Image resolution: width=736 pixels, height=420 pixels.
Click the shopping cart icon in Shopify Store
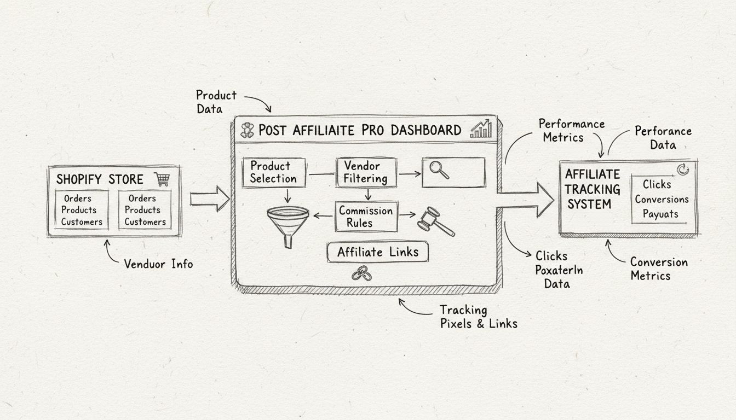162,179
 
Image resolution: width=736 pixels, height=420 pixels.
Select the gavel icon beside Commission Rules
436,221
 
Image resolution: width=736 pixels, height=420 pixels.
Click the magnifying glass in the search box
439,170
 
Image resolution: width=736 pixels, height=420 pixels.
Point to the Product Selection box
273,172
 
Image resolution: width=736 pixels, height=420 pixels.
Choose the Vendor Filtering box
365,172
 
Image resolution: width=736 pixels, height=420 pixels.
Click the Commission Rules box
366,217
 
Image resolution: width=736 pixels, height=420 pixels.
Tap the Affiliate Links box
377,252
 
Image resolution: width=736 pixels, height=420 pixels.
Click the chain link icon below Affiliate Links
361,273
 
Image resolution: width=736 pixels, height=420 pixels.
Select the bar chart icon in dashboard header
481,130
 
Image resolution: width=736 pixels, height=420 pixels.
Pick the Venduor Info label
158,264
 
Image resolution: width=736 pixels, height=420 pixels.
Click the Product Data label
216,102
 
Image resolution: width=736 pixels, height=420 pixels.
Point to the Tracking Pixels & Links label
479,317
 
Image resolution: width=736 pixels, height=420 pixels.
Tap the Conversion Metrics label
658,269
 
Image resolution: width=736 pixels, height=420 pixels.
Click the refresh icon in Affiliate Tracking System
682,170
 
